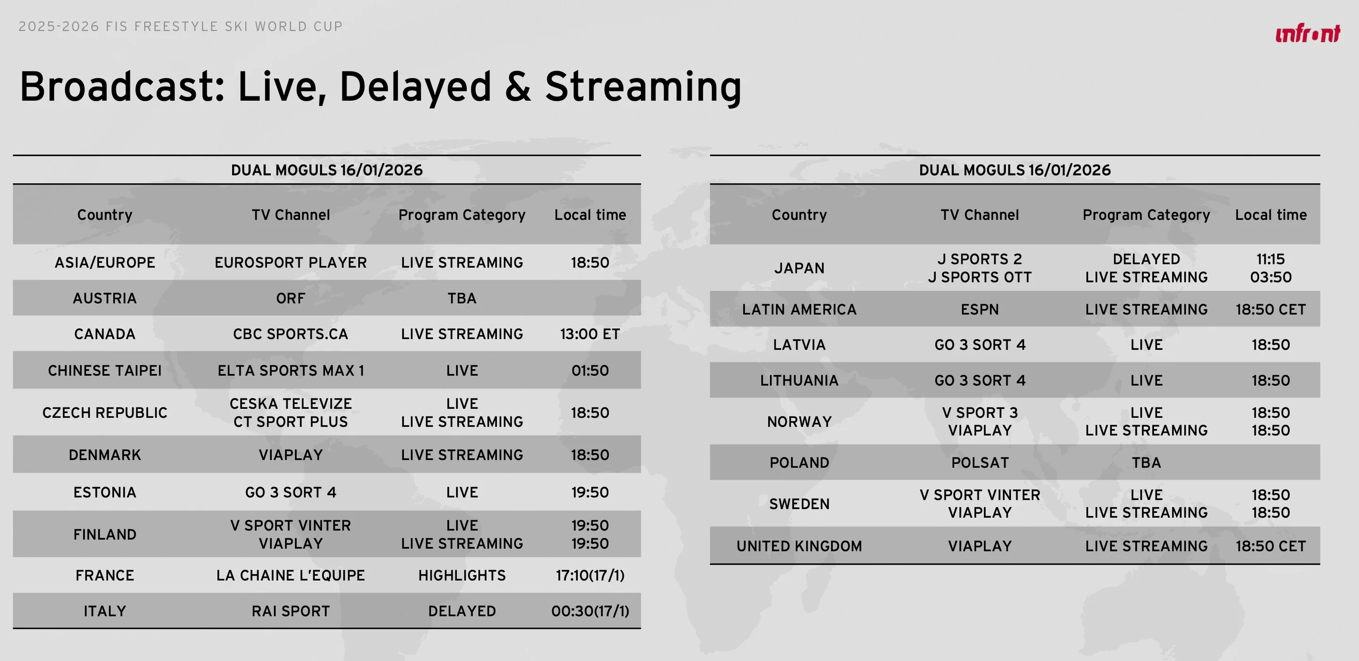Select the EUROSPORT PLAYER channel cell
coord(291,263)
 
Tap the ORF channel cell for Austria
coord(291,298)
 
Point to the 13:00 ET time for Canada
coord(590,334)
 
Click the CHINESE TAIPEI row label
coord(105,371)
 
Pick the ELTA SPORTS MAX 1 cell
coord(291,371)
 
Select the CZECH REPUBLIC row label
coord(105,413)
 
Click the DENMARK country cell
coord(105,455)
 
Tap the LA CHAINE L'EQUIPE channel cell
coord(291,575)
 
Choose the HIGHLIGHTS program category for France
coord(462,575)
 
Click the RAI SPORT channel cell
coord(291,611)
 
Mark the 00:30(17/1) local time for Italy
coord(590,611)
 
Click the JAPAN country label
coord(799,268)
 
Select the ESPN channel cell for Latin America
coord(980,309)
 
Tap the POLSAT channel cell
coord(980,463)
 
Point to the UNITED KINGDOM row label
coord(799,546)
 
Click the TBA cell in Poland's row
coord(1146,463)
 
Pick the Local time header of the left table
coord(590,215)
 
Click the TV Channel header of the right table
coord(980,215)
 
